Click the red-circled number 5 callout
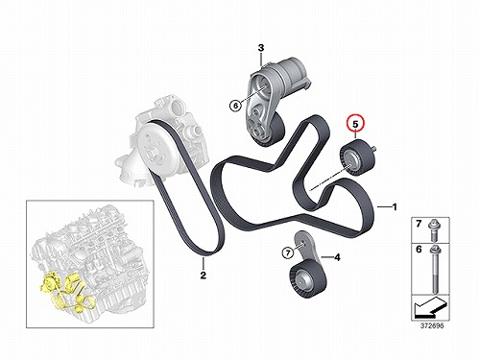click(x=355, y=124)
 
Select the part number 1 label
click(x=395, y=207)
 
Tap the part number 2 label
click(x=204, y=276)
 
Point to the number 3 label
click(x=261, y=48)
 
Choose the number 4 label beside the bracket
click(x=337, y=257)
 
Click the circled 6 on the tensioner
click(x=235, y=106)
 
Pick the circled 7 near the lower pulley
click(x=288, y=253)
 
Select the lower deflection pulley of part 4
click(x=307, y=279)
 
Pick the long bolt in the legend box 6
click(x=435, y=270)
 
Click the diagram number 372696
click(x=432, y=326)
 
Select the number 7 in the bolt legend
click(x=419, y=224)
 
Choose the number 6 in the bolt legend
click(x=419, y=249)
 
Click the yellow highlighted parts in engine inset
click(x=65, y=291)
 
